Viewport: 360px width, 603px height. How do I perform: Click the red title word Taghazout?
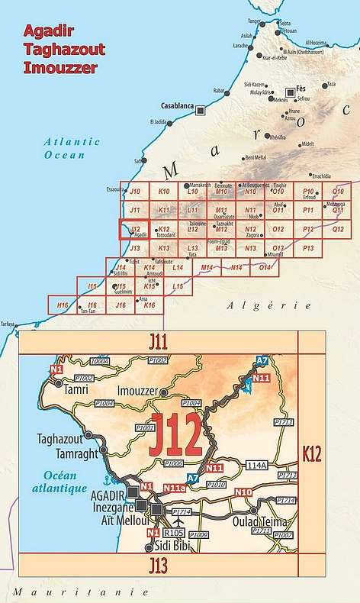(x=64, y=49)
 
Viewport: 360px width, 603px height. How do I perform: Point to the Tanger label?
(x=254, y=21)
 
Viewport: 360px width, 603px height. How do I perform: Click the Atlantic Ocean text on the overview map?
(x=72, y=147)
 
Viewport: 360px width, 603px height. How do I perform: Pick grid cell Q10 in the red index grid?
(x=336, y=192)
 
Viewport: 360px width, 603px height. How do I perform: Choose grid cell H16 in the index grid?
(x=63, y=305)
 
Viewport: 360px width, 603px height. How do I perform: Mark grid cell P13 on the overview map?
(x=307, y=248)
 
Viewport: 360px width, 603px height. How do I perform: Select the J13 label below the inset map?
(x=158, y=565)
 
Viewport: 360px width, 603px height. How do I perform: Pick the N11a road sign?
(x=175, y=487)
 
